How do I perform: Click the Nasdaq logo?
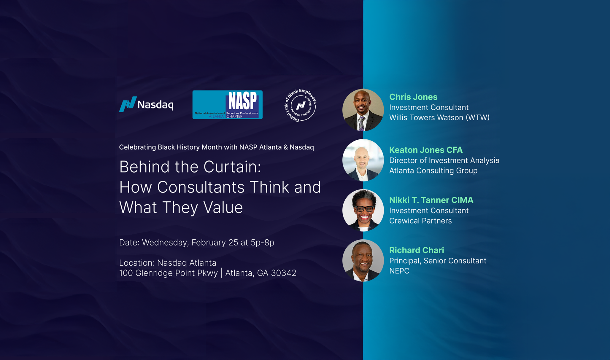pyautogui.click(x=146, y=104)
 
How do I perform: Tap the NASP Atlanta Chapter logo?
pyautogui.click(x=228, y=105)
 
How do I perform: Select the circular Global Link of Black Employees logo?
pyautogui.click(x=301, y=105)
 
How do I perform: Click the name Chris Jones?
pyautogui.click(x=413, y=97)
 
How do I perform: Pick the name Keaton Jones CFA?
pyautogui.click(x=426, y=150)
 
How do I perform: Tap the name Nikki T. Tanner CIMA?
pyautogui.click(x=431, y=200)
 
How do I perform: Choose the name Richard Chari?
pyautogui.click(x=417, y=250)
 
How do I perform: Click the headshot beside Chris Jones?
pyautogui.click(x=363, y=110)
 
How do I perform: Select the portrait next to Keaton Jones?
pyautogui.click(x=363, y=160)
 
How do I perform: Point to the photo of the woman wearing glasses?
pyautogui.click(x=363, y=210)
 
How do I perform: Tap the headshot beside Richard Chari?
pyautogui.click(x=363, y=260)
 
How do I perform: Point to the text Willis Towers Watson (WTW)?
pyautogui.click(x=439, y=118)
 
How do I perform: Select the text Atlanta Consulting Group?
pyautogui.click(x=433, y=171)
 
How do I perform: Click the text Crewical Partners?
pyautogui.click(x=420, y=221)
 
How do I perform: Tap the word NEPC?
pyautogui.click(x=399, y=271)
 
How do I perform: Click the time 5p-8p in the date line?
pyautogui.click(x=262, y=243)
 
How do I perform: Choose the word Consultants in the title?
pyautogui.click(x=201, y=187)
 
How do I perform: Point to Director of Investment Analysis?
pyautogui.click(x=444, y=160)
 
